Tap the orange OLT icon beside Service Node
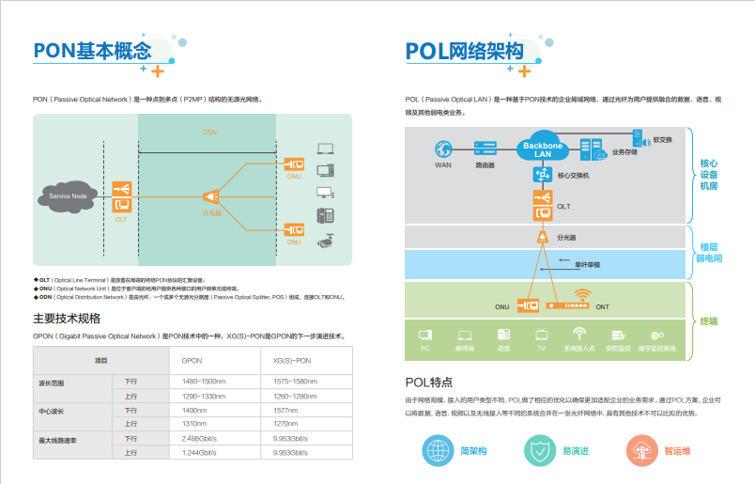tap(121, 196)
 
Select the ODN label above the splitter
tap(209, 133)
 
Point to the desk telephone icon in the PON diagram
tap(325, 215)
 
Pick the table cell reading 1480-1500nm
tap(203, 381)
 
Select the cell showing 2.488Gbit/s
tap(199, 438)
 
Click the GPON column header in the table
tap(192, 360)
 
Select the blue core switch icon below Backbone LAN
tap(541, 175)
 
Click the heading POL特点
tap(429, 383)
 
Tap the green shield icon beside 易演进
tap(539, 450)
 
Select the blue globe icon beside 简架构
tap(437, 450)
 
